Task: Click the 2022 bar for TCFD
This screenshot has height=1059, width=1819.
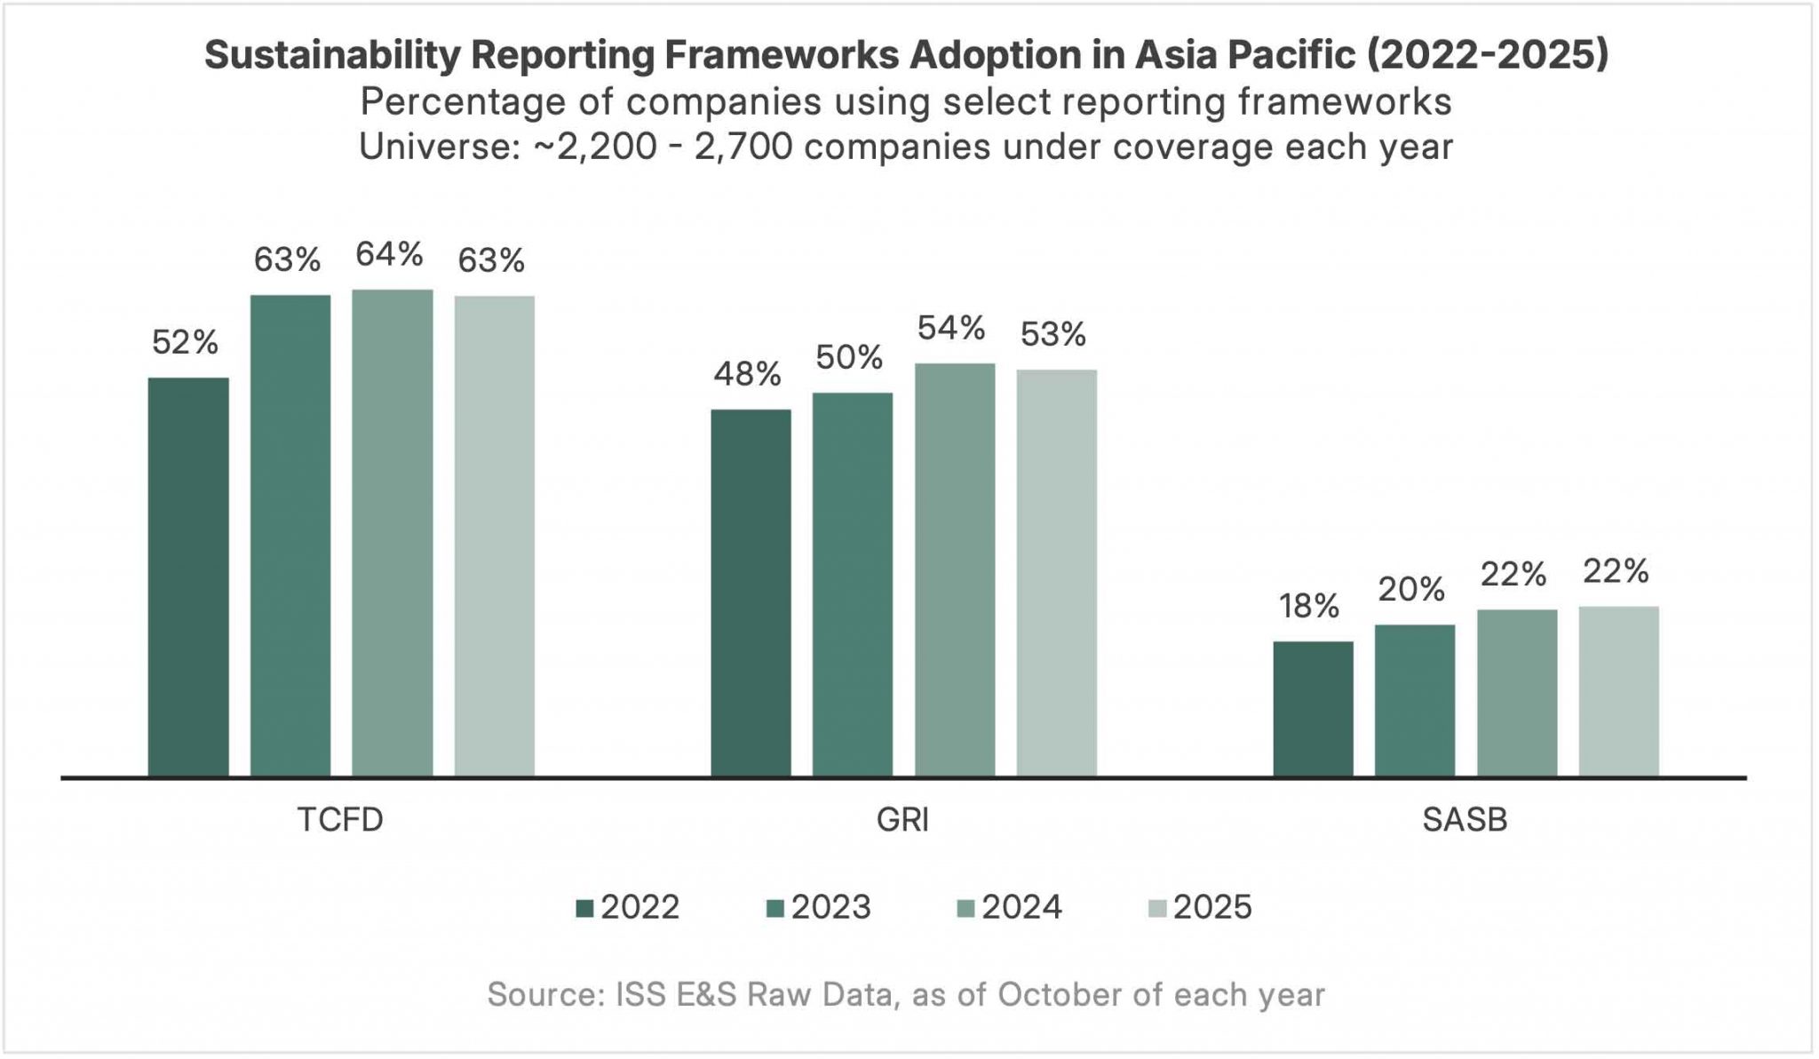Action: [x=188, y=577]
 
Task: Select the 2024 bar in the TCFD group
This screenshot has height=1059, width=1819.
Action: [x=392, y=533]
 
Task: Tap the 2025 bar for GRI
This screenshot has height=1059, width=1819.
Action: [x=1056, y=573]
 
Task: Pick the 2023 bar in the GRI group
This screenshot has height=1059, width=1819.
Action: [x=852, y=585]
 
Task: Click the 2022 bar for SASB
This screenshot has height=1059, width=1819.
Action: [x=1313, y=709]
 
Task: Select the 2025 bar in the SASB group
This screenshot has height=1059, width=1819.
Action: [x=1618, y=691]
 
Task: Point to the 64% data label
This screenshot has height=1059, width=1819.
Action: [x=389, y=255]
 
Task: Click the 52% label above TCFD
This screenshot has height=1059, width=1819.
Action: [x=185, y=342]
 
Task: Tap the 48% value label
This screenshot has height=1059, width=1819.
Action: [x=747, y=374]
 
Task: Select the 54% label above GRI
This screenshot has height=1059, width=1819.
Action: [x=951, y=329]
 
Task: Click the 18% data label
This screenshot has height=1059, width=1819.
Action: [x=1308, y=606]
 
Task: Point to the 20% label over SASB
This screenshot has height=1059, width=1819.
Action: [x=1411, y=589]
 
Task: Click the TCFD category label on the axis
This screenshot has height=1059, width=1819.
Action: [x=340, y=819]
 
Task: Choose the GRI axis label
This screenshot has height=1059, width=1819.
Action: [x=902, y=819]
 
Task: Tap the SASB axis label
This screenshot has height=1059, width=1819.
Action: [x=1465, y=819]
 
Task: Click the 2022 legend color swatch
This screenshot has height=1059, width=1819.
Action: [x=584, y=908]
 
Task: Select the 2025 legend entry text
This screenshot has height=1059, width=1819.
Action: [x=1211, y=907]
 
